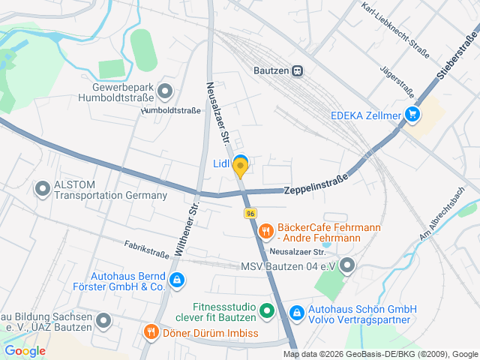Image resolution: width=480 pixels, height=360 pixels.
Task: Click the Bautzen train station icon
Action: (x=298, y=70)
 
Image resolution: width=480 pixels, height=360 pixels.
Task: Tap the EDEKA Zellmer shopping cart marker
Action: (x=412, y=115)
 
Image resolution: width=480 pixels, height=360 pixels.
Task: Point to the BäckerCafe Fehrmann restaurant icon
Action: (x=265, y=233)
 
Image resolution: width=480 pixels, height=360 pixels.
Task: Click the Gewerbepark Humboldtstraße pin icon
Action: (x=166, y=92)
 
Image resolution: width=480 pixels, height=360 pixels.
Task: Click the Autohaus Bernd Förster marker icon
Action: (x=176, y=281)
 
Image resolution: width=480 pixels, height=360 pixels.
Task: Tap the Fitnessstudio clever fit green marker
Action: (x=265, y=310)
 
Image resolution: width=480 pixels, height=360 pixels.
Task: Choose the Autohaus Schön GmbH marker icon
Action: (x=296, y=310)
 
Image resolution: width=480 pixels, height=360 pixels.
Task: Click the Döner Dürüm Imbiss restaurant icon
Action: (x=151, y=332)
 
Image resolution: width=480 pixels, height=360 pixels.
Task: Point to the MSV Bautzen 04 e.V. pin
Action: (x=346, y=265)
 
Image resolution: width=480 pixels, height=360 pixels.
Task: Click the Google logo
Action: (x=25, y=350)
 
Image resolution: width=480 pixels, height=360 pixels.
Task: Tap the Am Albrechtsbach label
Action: (x=448, y=213)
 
